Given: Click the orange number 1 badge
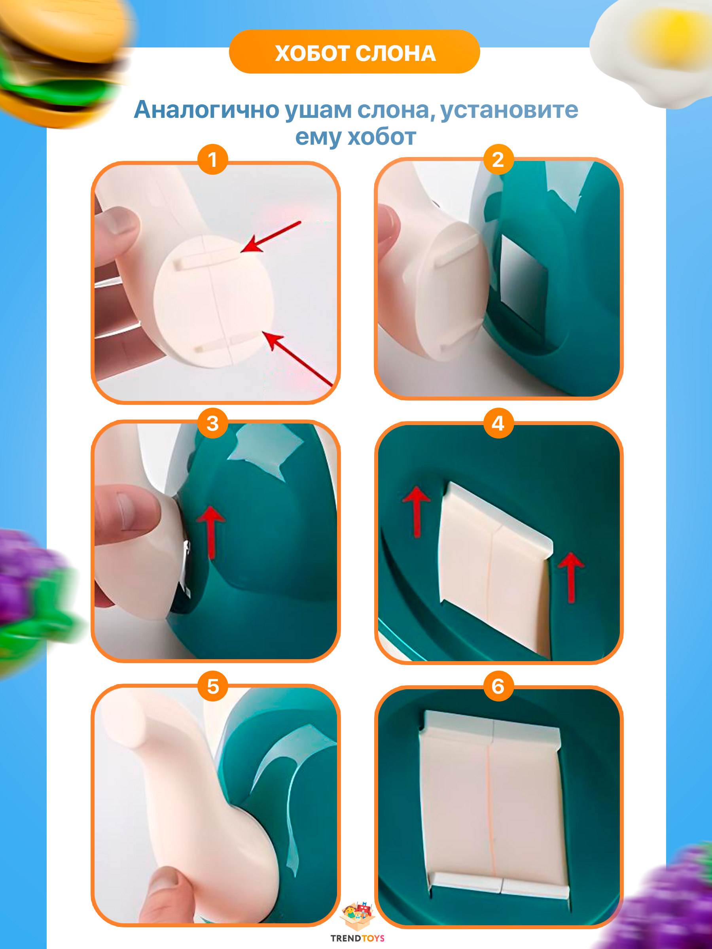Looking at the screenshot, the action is point(212,160).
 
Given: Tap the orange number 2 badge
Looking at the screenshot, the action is point(499,159).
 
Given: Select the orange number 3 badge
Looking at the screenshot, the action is point(213,423).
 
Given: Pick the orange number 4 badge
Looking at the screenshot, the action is point(499,423).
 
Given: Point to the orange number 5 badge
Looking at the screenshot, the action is point(213,686).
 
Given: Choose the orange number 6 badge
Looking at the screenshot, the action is point(499,686).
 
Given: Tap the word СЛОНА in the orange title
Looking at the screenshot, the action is point(396,54).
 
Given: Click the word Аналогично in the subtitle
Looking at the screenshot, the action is point(207,110).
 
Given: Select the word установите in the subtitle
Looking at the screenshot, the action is point(509,110).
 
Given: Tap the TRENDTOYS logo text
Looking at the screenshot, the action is point(357,938).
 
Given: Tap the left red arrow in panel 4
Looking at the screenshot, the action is point(416,511).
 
